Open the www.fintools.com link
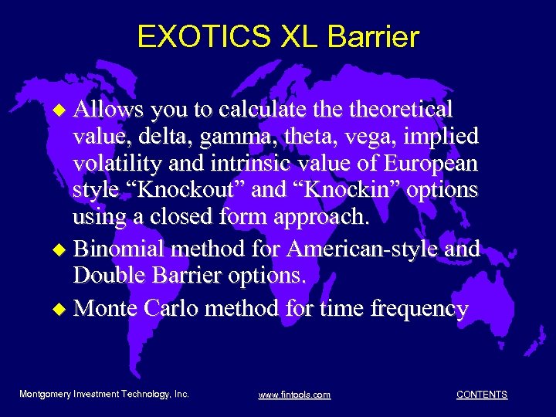click(x=294, y=395)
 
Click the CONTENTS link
click(x=482, y=395)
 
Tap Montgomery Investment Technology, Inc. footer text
click(x=104, y=394)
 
